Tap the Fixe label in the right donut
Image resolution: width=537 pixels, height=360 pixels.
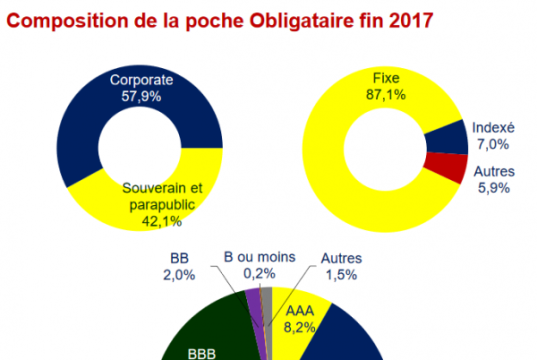[385, 76]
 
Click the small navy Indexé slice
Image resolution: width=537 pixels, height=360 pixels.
[454, 137]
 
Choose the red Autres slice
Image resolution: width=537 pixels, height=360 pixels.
[449, 167]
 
